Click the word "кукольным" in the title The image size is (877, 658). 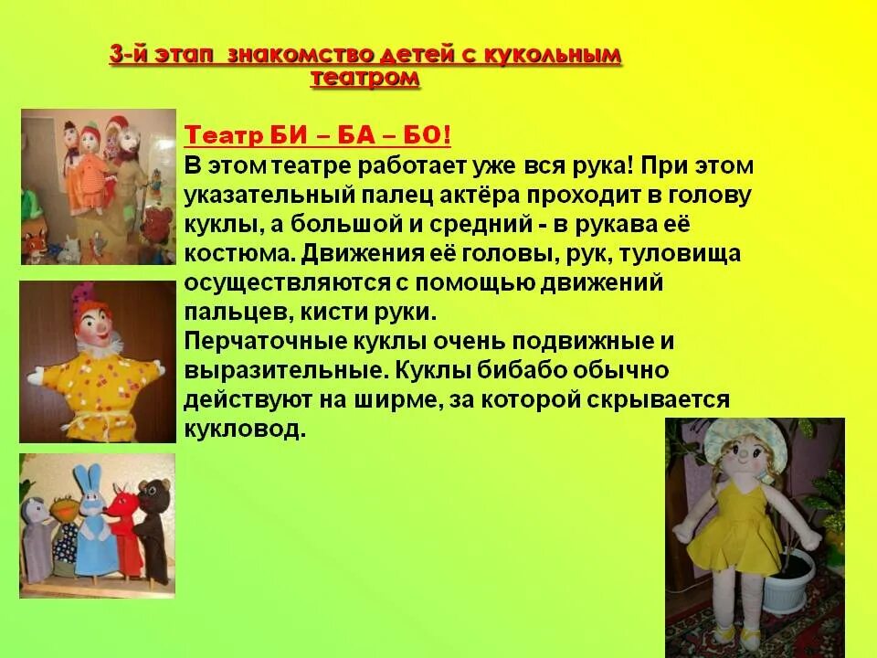tap(558, 56)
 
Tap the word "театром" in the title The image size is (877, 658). tap(365, 80)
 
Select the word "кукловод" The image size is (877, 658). tap(243, 429)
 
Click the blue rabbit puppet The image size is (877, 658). tap(92, 521)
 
